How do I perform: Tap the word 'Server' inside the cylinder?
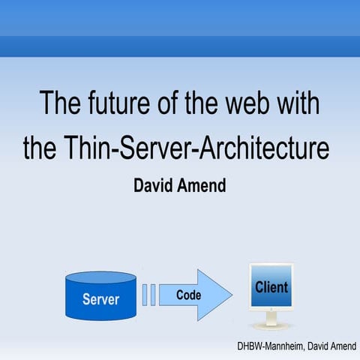coord(101,299)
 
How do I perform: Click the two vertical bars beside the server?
coord(148,295)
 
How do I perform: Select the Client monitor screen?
coord(271,289)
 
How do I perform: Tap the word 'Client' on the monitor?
coord(271,287)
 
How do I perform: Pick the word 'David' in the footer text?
coord(312,348)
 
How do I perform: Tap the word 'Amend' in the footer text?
coord(341,348)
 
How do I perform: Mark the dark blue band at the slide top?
coord(180,46)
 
